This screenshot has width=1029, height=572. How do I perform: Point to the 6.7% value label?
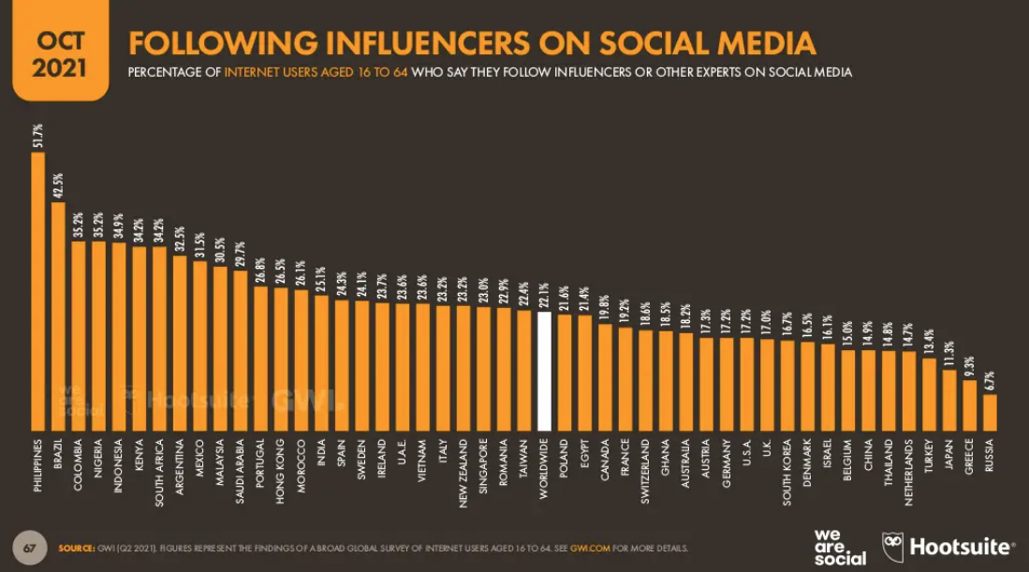pyautogui.click(x=990, y=379)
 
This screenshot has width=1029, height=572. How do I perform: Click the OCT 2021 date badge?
pyautogui.click(x=58, y=52)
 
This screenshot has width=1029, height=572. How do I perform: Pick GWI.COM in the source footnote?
pyautogui.click(x=588, y=548)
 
